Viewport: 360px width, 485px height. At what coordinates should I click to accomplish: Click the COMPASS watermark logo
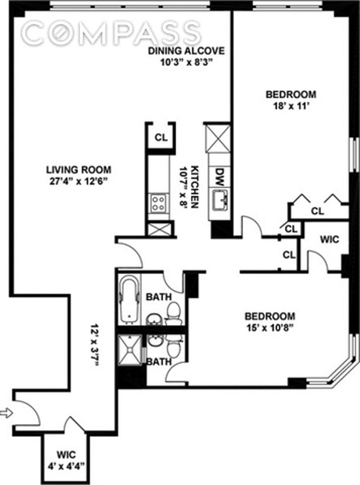pos(111,32)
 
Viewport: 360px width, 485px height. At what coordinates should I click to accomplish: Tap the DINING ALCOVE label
pos(186,50)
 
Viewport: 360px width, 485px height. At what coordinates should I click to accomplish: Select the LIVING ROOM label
pos(79,170)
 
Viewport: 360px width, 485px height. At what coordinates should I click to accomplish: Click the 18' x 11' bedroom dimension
pos(291,107)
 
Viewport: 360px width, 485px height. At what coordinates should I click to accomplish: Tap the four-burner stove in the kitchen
pos(158,202)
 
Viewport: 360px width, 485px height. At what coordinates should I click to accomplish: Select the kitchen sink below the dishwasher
pos(220,199)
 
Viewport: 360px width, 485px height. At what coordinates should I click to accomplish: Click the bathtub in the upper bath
pos(129,299)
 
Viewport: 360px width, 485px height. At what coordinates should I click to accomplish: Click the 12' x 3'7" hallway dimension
pos(94,345)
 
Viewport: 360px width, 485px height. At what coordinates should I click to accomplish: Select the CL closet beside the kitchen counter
pos(161,138)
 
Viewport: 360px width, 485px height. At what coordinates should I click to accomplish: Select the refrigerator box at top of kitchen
pos(218,138)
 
